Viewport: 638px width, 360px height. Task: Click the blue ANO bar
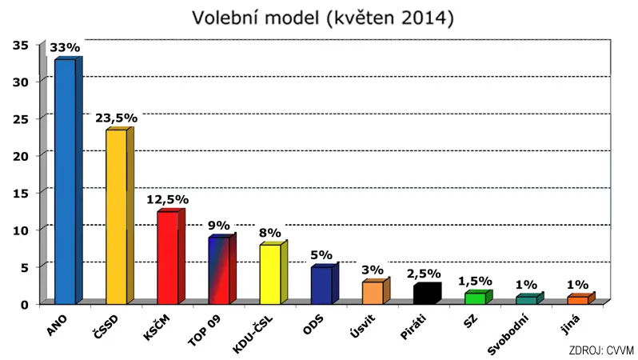(69, 181)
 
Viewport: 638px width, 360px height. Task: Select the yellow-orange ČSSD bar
(120, 216)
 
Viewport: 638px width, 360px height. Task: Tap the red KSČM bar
(171, 257)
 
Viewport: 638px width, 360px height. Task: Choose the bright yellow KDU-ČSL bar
(273, 273)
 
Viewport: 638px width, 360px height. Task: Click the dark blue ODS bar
(325, 284)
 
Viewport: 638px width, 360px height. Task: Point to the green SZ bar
(478, 297)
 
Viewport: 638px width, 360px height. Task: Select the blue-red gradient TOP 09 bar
(222, 269)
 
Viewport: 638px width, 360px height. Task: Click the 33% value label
(65, 48)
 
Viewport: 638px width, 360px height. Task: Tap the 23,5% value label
(117, 118)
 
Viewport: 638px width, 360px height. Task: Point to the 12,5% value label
(168, 199)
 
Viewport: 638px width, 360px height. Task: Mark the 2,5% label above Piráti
(424, 274)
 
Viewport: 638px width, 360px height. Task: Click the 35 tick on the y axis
(20, 46)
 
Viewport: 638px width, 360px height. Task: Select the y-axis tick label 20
(20, 156)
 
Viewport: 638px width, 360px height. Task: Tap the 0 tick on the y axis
(25, 305)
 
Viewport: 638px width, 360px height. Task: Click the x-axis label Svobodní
(508, 334)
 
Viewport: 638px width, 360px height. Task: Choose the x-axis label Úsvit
(362, 326)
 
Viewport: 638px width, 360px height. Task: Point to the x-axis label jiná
(570, 325)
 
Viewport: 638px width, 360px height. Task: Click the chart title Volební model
(256, 18)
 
